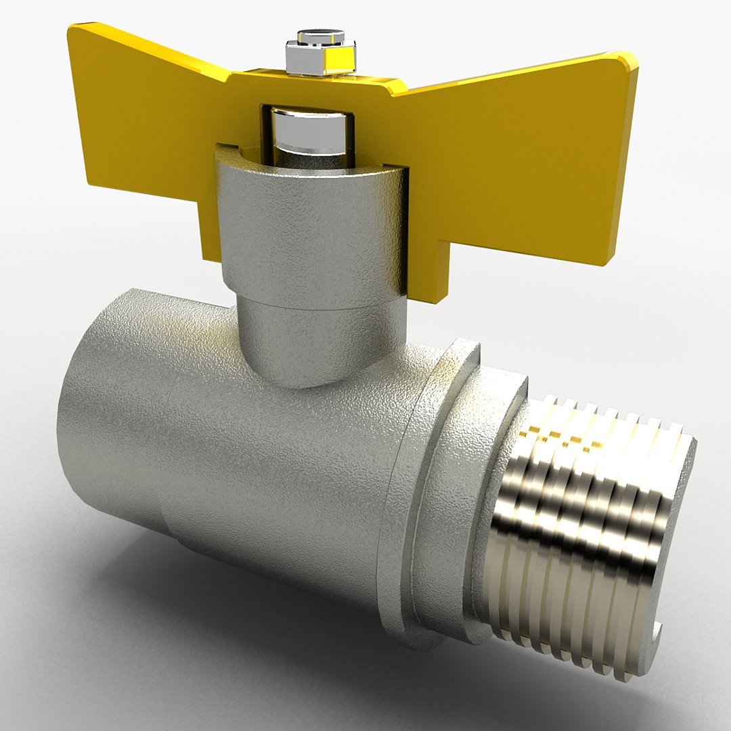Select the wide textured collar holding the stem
point(308,223)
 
